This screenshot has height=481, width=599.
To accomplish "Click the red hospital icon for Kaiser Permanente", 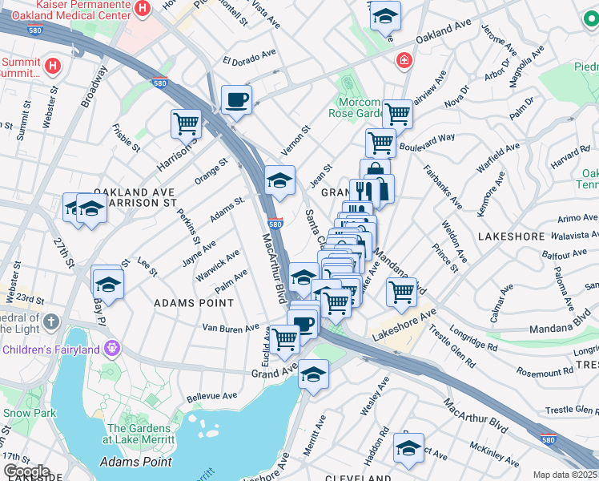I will click(x=143, y=9).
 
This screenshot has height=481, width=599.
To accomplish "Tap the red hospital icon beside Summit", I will click(x=53, y=65).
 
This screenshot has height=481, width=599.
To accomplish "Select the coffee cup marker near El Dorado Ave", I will click(x=236, y=101).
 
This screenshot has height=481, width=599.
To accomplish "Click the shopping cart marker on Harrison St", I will click(x=186, y=124).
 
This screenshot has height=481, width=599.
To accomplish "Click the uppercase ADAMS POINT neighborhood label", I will click(x=194, y=303).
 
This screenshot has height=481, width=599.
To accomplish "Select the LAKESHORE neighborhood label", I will click(x=511, y=237).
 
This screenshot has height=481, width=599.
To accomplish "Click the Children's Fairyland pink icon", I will click(x=112, y=349).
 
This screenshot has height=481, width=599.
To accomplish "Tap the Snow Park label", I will click(x=29, y=413).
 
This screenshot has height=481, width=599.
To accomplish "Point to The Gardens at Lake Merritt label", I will click(x=144, y=434).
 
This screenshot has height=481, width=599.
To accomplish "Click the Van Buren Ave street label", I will click(x=231, y=328).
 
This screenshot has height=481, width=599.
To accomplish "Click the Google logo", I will click(x=26, y=471).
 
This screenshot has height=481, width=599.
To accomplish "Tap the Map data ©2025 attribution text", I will click(x=565, y=475).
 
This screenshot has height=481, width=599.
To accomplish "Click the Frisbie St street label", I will click(x=127, y=138).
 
